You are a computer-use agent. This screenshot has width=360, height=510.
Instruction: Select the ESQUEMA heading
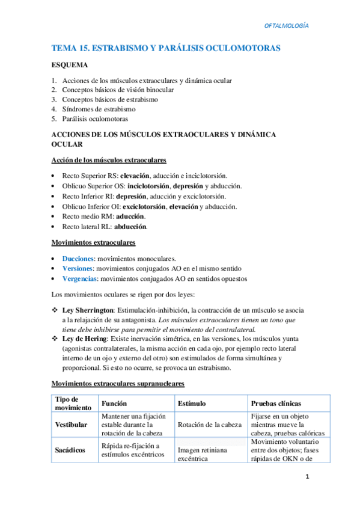[70, 65]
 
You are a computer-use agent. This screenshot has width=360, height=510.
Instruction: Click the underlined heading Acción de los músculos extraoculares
[109, 161]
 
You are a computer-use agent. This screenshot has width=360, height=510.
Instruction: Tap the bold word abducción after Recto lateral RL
[134, 227]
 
